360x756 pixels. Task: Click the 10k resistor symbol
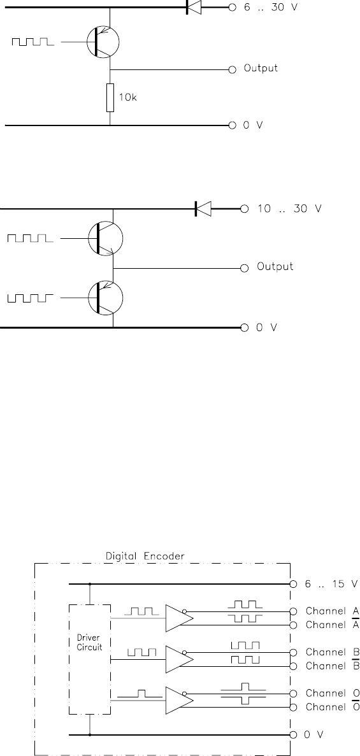[x=110, y=97]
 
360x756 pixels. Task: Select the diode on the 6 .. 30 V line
[x=193, y=7]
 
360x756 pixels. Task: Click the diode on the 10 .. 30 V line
[x=203, y=209]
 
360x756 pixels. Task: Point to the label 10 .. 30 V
[x=289, y=209]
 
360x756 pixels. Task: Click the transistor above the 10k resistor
[x=103, y=43]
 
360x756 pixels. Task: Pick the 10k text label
[x=128, y=97]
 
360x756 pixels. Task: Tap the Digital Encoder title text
[x=145, y=556]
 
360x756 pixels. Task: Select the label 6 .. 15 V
[x=331, y=584]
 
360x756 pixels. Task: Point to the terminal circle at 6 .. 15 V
[x=293, y=584]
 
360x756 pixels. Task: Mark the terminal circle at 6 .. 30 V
[x=232, y=7]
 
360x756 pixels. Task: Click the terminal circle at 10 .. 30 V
[x=244, y=209]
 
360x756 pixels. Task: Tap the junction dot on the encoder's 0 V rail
[x=90, y=735]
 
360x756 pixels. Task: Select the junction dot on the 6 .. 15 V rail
[x=90, y=584]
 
